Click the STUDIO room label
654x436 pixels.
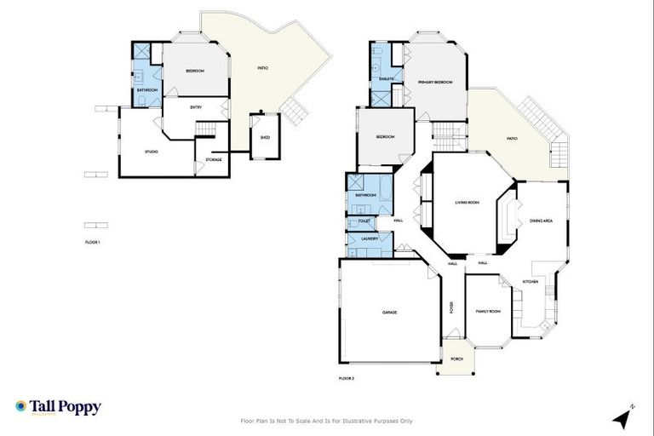pyautogui.click(x=151, y=152)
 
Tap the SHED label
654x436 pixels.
pyautogui.click(x=265, y=136)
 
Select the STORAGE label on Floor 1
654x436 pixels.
pyautogui.click(x=213, y=160)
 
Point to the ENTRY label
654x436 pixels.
pyautogui.click(x=196, y=107)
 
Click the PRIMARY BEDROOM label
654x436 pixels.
pyautogui.click(x=434, y=83)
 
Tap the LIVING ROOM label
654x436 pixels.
pyautogui.click(x=468, y=203)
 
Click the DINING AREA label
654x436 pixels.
pyautogui.click(x=542, y=221)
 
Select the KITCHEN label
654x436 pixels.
pyautogui.click(x=531, y=282)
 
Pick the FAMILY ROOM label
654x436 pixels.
pyautogui.click(x=488, y=313)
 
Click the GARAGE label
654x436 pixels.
pyautogui.click(x=388, y=313)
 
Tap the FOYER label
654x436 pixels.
pyautogui.click(x=452, y=307)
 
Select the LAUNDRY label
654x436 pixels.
pyautogui.click(x=369, y=239)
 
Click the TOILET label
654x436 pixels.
pyautogui.click(x=364, y=221)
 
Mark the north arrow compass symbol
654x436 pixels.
pyautogui.click(x=625, y=417)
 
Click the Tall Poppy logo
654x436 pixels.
pyautogui.click(x=58, y=407)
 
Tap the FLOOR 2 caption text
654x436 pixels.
pyautogui.click(x=347, y=378)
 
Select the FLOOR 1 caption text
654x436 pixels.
pyautogui.click(x=92, y=243)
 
